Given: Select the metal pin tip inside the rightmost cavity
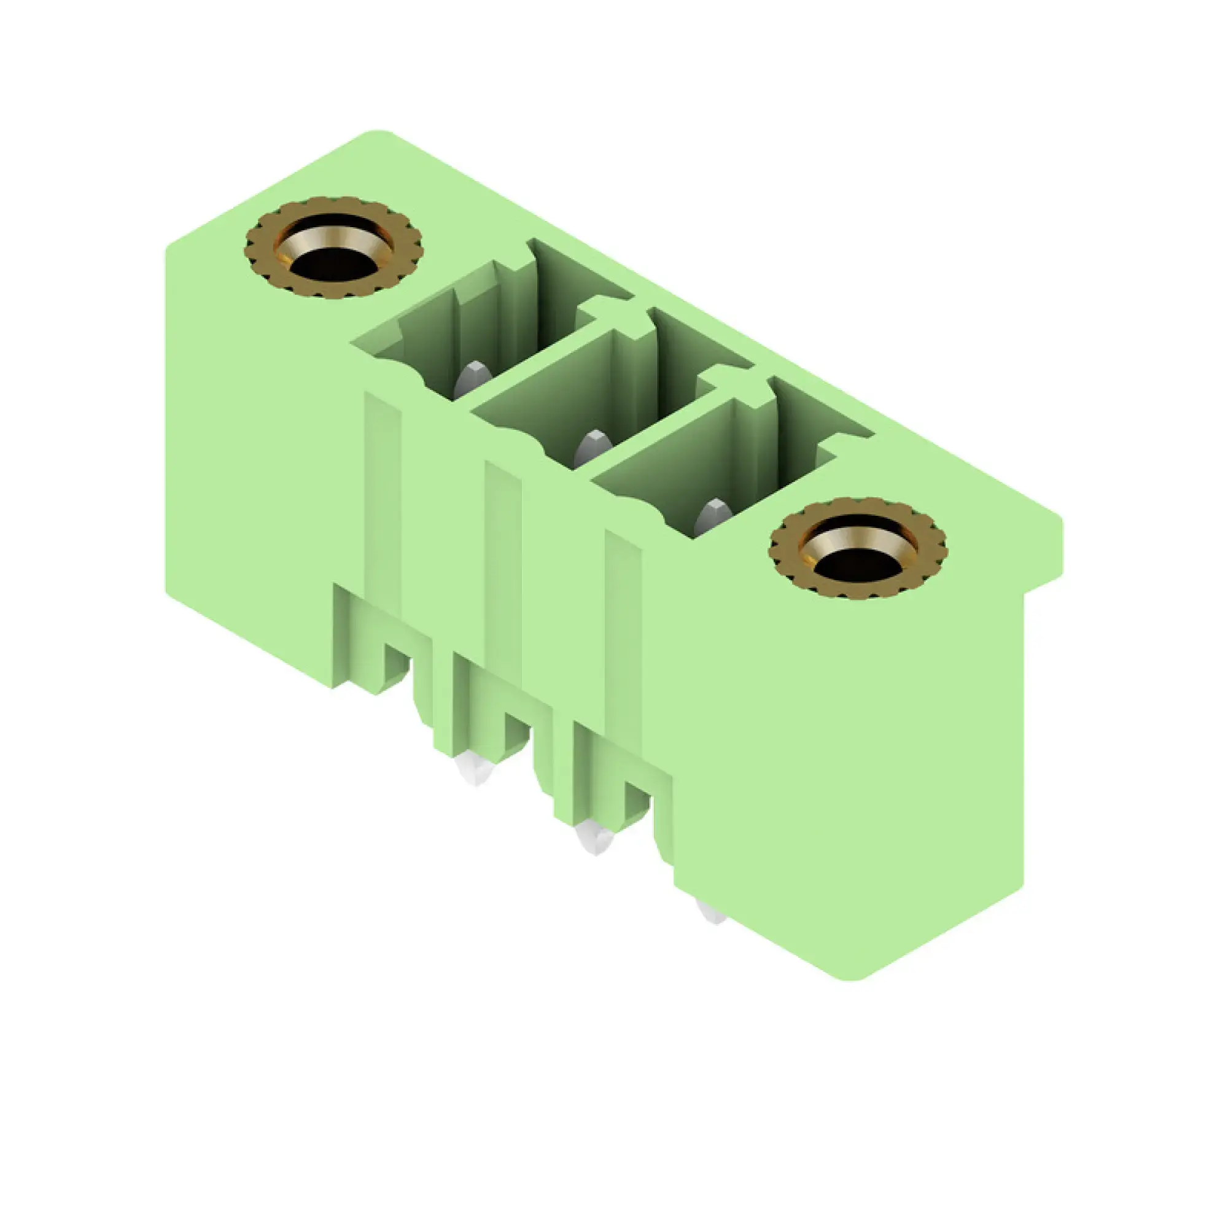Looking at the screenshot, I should click(711, 516).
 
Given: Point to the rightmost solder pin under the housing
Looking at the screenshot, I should click(710, 913).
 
